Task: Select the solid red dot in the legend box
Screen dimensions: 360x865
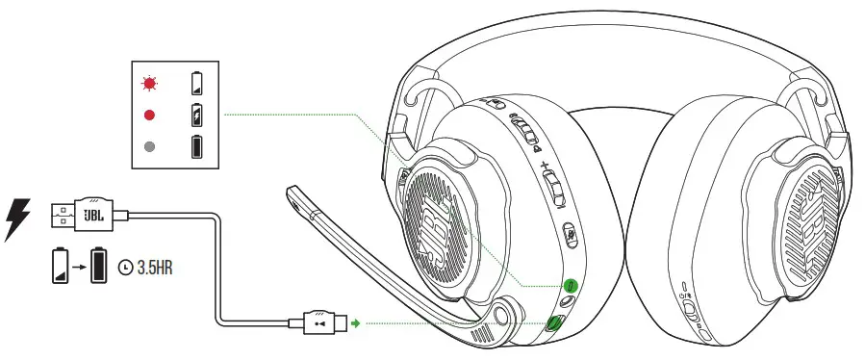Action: tap(149, 115)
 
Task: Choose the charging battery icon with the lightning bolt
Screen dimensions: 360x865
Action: tap(198, 115)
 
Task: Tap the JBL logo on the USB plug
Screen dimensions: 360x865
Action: tap(92, 214)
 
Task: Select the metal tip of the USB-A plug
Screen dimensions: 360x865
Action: tap(59, 215)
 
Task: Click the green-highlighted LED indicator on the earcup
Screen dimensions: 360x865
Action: tap(570, 286)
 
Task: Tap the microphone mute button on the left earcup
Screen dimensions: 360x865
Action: tap(570, 231)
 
